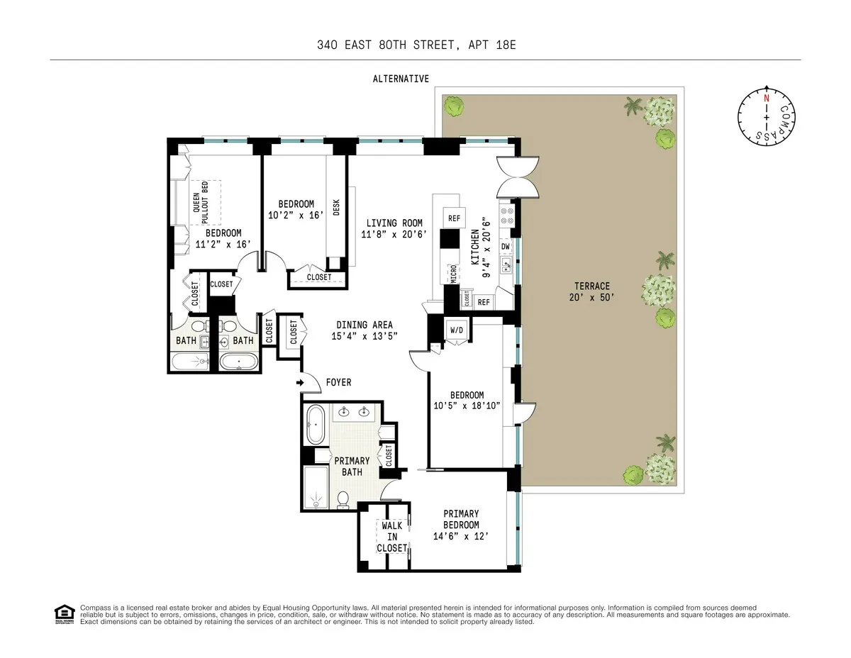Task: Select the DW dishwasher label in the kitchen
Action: pos(506,247)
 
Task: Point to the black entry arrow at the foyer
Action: pos(300,383)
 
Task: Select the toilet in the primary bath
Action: pos(343,499)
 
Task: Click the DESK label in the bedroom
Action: pos(336,206)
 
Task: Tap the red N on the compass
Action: pos(766,99)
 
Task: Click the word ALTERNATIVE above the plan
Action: pos(401,79)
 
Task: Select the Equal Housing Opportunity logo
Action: pos(64,614)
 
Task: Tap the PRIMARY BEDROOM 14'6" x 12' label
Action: pos(461,525)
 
